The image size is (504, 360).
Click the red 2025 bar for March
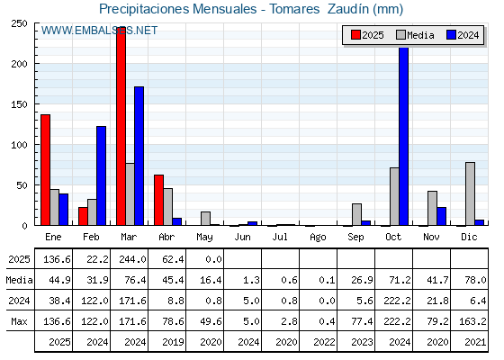click(121, 126)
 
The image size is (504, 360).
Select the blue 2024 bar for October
click(404, 136)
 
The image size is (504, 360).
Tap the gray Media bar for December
click(470, 193)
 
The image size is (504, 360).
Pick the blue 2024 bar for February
click(101, 175)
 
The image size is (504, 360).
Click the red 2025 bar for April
click(158, 200)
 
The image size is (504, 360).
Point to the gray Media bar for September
click(356, 214)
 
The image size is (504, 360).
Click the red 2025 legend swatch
click(355, 35)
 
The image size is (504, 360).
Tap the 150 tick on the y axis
click(19, 104)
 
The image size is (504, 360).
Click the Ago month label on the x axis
click(318, 238)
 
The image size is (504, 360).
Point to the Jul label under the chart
click(280, 237)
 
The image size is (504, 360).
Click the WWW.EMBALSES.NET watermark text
click(99, 31)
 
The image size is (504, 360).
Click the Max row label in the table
click(19, 321)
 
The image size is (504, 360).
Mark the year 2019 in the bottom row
click(173, 342)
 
